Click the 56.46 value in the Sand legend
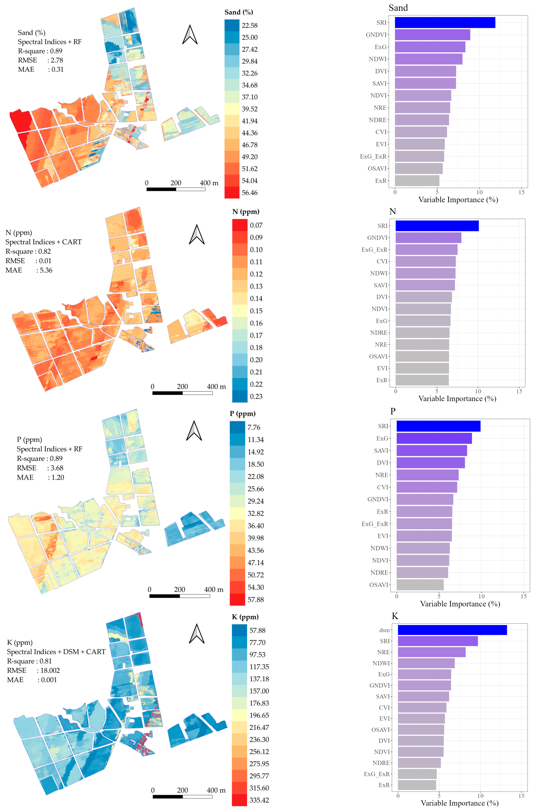click(250, 193)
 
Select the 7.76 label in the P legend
click(254, 427)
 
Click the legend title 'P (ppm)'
click(242, 414)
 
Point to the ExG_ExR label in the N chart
click(374, 250)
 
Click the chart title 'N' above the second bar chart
click(392, 212)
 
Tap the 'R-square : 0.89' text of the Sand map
click(40, 51)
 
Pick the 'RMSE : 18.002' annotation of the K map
click(33, 671)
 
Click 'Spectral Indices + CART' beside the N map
click(43, 242)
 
